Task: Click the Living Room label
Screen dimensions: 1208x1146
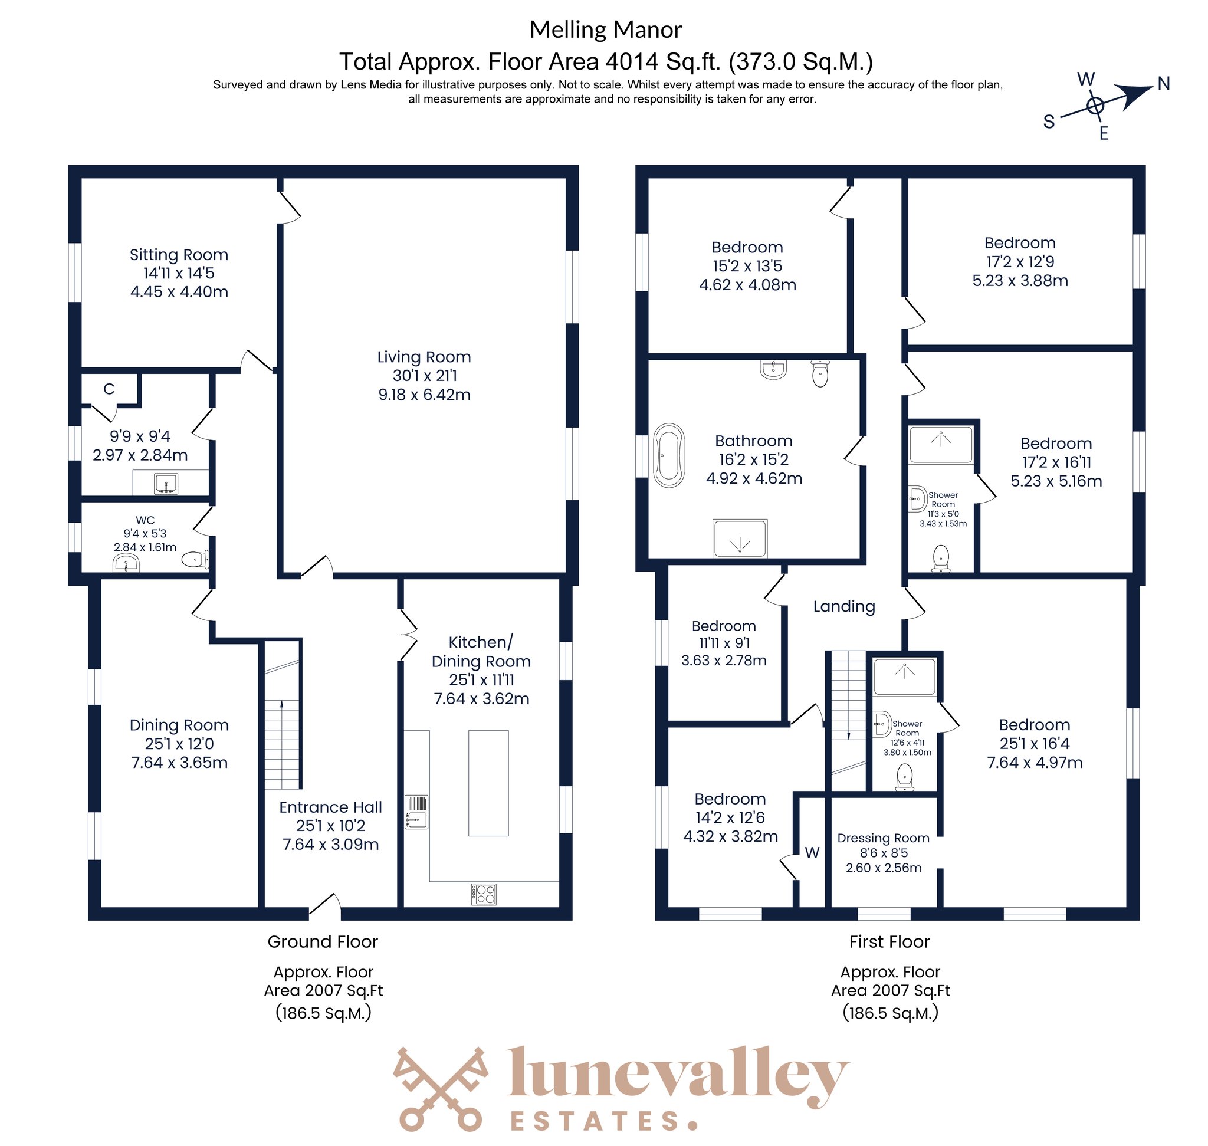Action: click(424, 357)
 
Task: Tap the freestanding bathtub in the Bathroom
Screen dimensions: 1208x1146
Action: click(669, 455)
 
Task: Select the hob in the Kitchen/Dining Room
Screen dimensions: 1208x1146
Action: click(483, 894)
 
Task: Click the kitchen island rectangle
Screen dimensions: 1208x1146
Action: click(488, 783)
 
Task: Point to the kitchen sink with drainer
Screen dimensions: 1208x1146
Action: click(416, 812)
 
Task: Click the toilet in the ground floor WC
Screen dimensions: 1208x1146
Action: click(195, 559)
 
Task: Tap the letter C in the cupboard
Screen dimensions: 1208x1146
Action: click(109, 389)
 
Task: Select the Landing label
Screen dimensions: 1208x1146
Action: click(844, 606)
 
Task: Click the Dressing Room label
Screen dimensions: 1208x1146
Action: click(883, 838)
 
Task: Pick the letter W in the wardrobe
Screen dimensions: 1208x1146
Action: click(812, 853)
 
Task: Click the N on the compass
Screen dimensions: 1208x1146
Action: click(1163, 84)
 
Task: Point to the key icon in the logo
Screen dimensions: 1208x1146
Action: click(441, 1089)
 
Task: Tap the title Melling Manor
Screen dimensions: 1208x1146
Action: click(605, 29)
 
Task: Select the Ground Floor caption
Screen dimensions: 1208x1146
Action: click(323, 942)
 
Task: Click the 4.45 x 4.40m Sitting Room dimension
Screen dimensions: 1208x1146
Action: click(179, 292)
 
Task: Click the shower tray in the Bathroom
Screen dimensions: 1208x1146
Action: click(740, 538)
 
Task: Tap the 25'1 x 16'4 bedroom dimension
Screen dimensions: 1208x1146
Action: click(1035, 743)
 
